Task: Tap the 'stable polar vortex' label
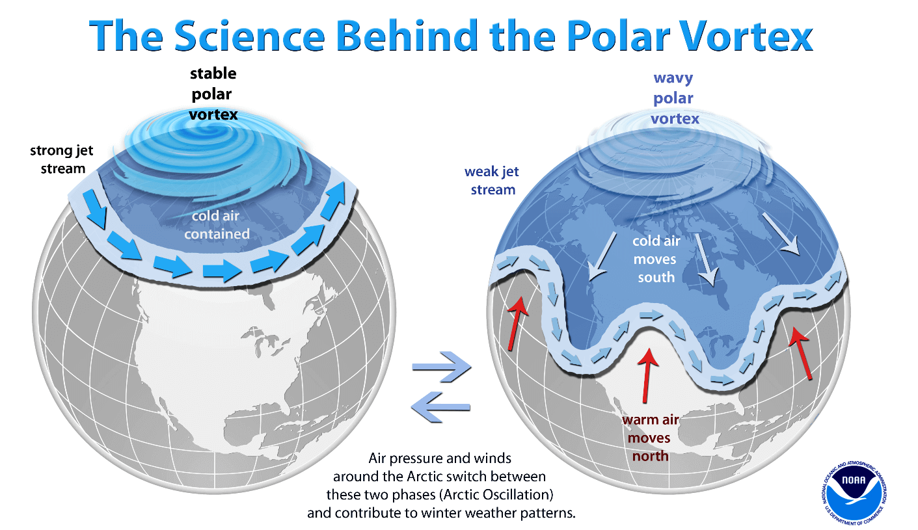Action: tap(212, 94)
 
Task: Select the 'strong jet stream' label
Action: tap(62, 159)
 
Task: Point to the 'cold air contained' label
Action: tap(217, 225)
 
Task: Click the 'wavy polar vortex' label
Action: tap(673, 98)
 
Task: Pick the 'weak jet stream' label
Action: tap(492, 180)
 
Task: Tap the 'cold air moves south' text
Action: tap(656, 259)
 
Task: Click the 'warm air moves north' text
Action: tap(650, 437)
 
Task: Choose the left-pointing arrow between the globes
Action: tap(440, 406)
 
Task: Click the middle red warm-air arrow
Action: tap(648, 376)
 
